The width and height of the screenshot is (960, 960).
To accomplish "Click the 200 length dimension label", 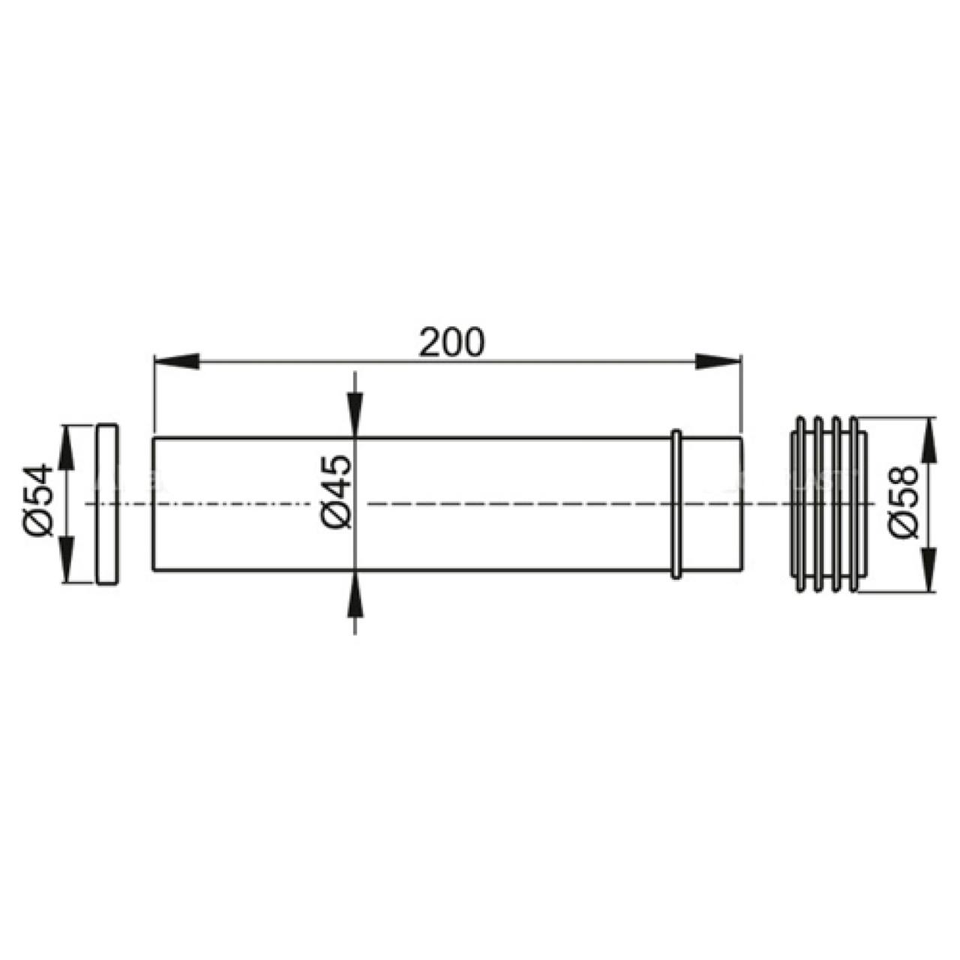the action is pos(451,341).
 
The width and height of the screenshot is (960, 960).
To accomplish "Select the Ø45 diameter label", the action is pos(337,491).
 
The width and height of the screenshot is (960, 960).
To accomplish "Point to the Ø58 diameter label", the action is pos(903,501).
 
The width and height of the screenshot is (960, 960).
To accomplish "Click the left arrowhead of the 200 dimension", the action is pos(177,361).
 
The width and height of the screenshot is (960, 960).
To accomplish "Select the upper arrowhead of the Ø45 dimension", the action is pos(354,415).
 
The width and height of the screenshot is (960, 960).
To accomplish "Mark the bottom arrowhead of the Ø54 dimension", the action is pos(66,559).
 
